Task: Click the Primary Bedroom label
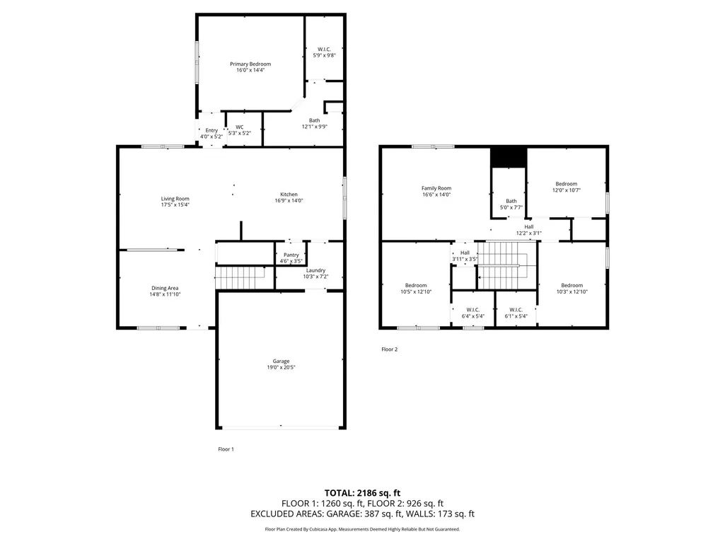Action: [x=250, y=64]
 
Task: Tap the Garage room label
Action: [x=281, y=361]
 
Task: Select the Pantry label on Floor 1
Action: [x=291, y=255]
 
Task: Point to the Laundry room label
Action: [x=315, y=270]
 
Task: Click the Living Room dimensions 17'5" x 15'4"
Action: [x=175, y=204]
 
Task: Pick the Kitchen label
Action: [x=289, y=195]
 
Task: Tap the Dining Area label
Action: [x=165, y=288]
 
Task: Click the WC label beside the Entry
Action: [x=240, y=127]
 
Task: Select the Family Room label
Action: [x=436, y=188]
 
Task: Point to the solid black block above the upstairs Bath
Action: [x=509, y=158]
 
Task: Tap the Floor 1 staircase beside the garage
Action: [x=240, y=277]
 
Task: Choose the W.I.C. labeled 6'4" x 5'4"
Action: [x=473, y=313]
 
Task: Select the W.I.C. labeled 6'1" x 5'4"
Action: [x=516, y=313]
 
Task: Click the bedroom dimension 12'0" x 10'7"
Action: [x=567, y=190]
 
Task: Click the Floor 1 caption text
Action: [x=226, y=449]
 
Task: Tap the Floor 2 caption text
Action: [x=389, y=349]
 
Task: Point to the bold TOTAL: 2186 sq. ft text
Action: [x=362, y=493]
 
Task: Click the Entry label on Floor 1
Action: [x=211, y=130]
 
